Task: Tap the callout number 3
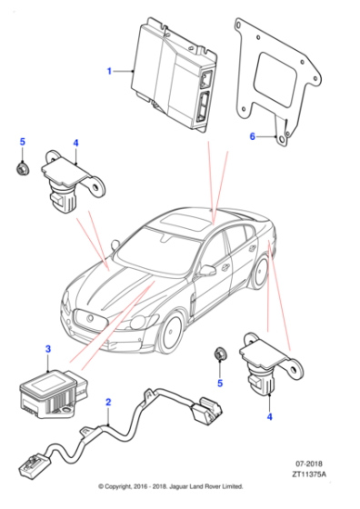[x=48, y=349]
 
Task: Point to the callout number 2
[x=108, y=402]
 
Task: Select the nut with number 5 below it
[x=218, y=354]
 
